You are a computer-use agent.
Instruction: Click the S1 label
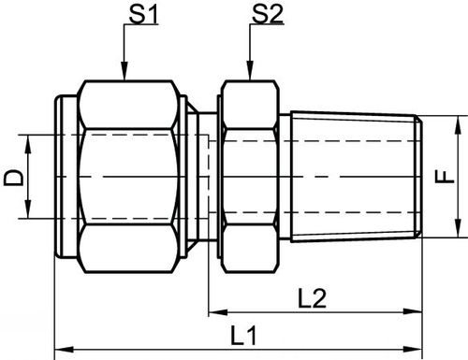click(x=144, y=15)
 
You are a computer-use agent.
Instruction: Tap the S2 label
click(x=268, y=15)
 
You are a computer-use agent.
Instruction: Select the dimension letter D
click(x=13, y=178)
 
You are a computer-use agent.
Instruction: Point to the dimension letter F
click(x=444, y=177)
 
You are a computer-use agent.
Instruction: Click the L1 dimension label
click(x=243, y=336)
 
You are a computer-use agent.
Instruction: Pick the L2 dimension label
click(x=313, y=298)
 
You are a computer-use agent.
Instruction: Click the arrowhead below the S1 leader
click(x=124, y=71)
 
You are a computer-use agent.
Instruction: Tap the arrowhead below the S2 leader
click(x=250, y=71)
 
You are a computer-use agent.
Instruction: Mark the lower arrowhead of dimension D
click(x=28, y=209)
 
